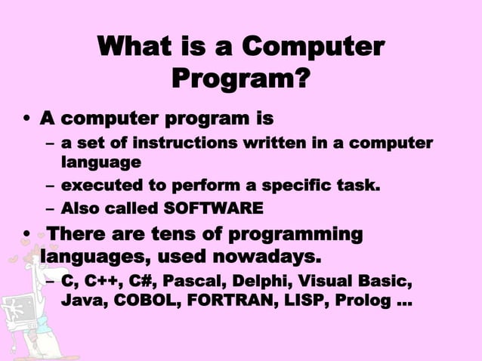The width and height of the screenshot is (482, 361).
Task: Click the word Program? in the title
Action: [x=241, y=78]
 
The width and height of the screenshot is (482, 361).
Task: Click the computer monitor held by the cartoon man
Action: [x=14, y=310]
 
